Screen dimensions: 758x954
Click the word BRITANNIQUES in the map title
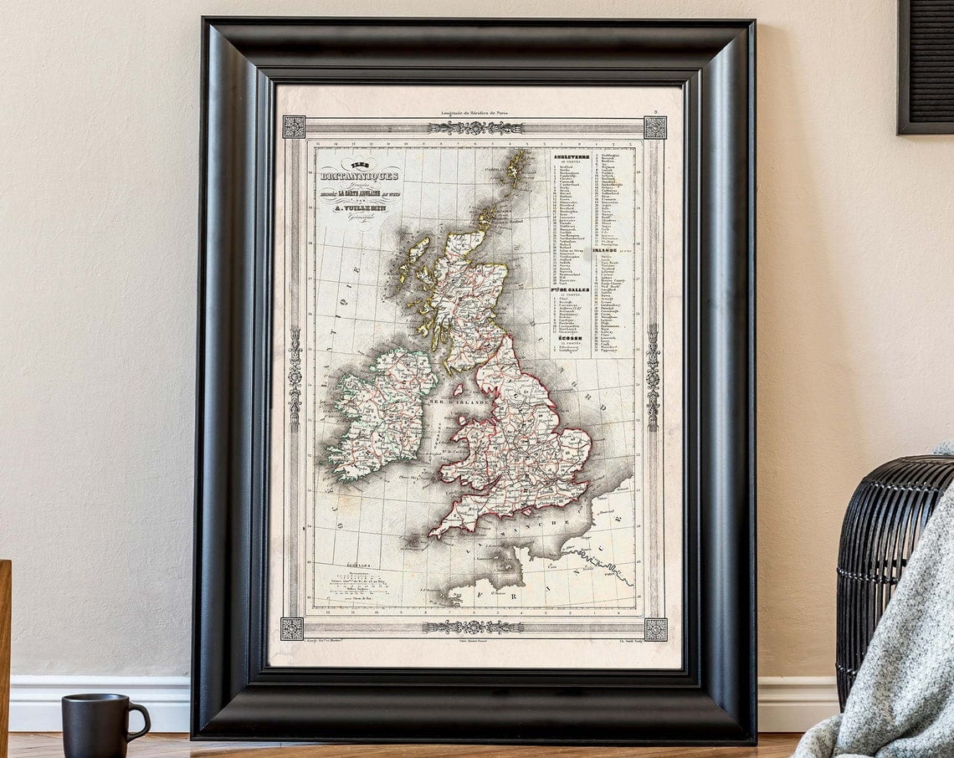(359, 177)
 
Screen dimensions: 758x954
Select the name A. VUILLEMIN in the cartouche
(360, 208)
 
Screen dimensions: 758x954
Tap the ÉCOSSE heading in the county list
(566, 339)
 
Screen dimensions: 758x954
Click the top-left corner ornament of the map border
(294, 126)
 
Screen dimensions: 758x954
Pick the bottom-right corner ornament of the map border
(654, 629)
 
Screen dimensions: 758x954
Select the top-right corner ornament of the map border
(655, 127)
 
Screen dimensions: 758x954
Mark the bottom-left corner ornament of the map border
(292, 628)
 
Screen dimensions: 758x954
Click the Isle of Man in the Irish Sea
(457, 390)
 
